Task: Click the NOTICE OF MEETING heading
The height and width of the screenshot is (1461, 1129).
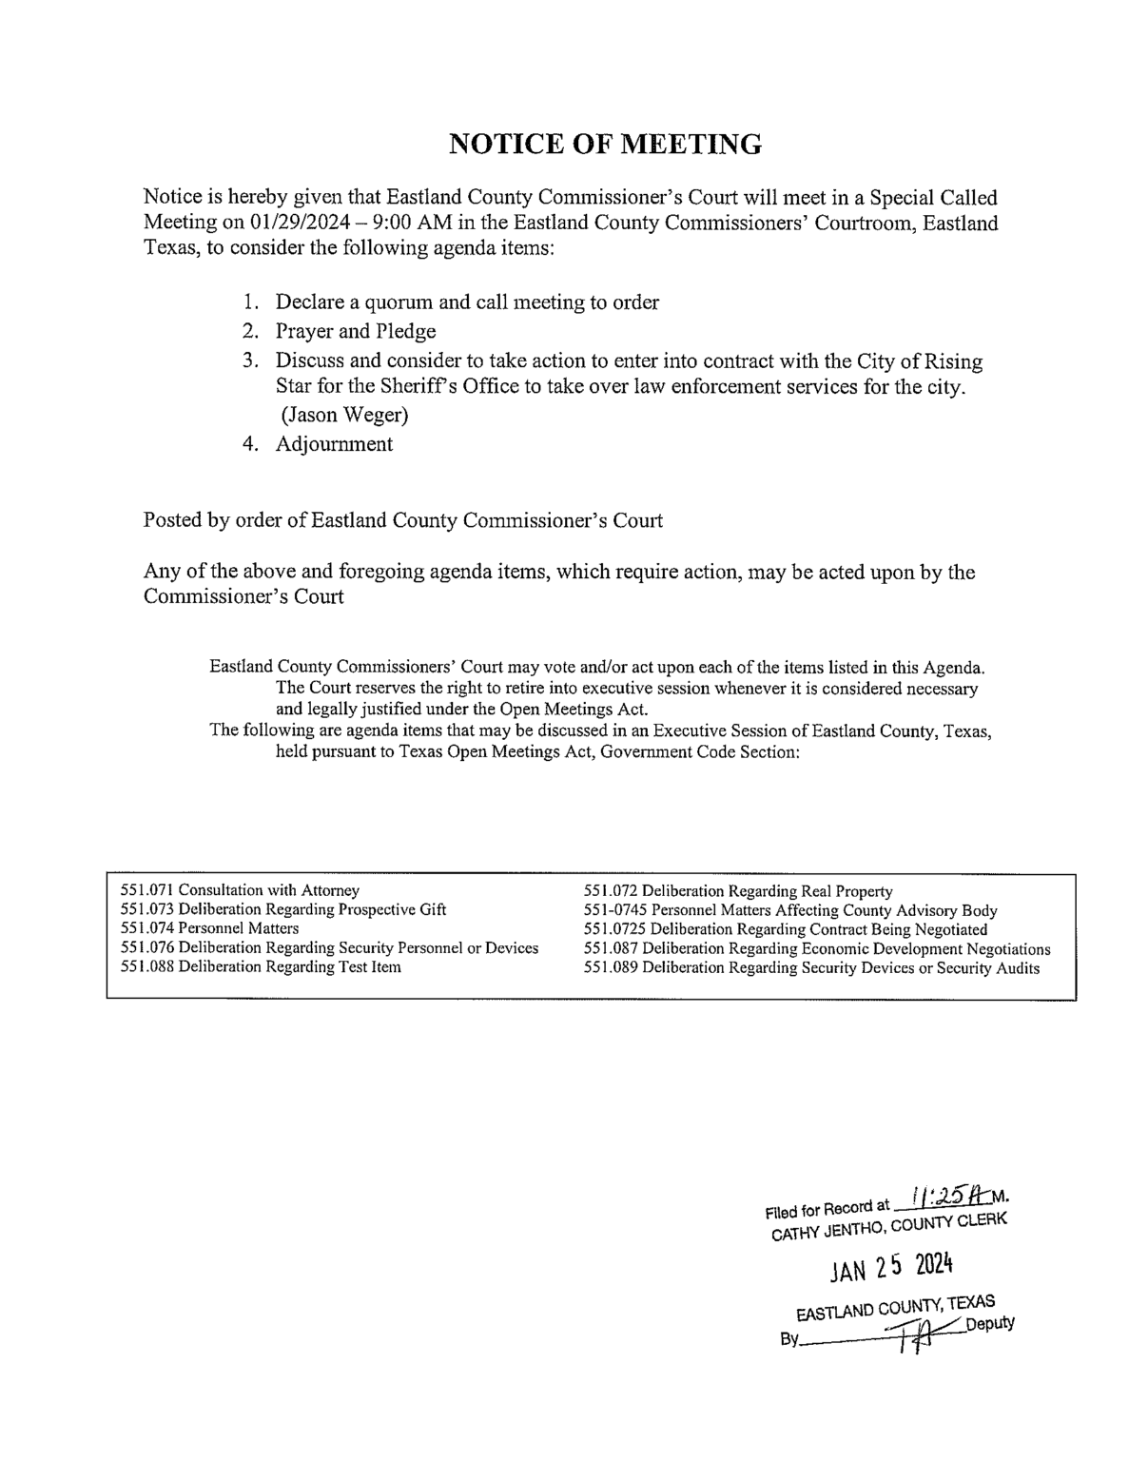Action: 604,144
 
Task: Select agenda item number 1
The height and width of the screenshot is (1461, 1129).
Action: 250,302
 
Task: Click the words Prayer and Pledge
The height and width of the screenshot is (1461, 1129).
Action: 356,331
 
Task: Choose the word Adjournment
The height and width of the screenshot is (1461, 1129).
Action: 334,443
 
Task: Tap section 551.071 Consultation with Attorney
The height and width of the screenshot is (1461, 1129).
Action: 241,890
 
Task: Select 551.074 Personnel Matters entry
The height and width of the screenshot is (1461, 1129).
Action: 210,928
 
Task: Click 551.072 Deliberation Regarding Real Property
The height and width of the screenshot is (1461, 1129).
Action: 737,891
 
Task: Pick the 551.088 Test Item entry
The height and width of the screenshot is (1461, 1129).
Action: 261,967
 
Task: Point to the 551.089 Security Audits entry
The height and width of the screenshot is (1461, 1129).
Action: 811,968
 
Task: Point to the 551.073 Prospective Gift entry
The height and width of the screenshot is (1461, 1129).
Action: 283,909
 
